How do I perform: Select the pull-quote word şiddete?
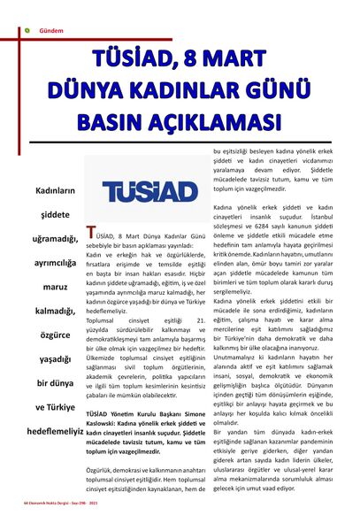(55, 214)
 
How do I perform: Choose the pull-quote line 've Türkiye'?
(55, 406)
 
